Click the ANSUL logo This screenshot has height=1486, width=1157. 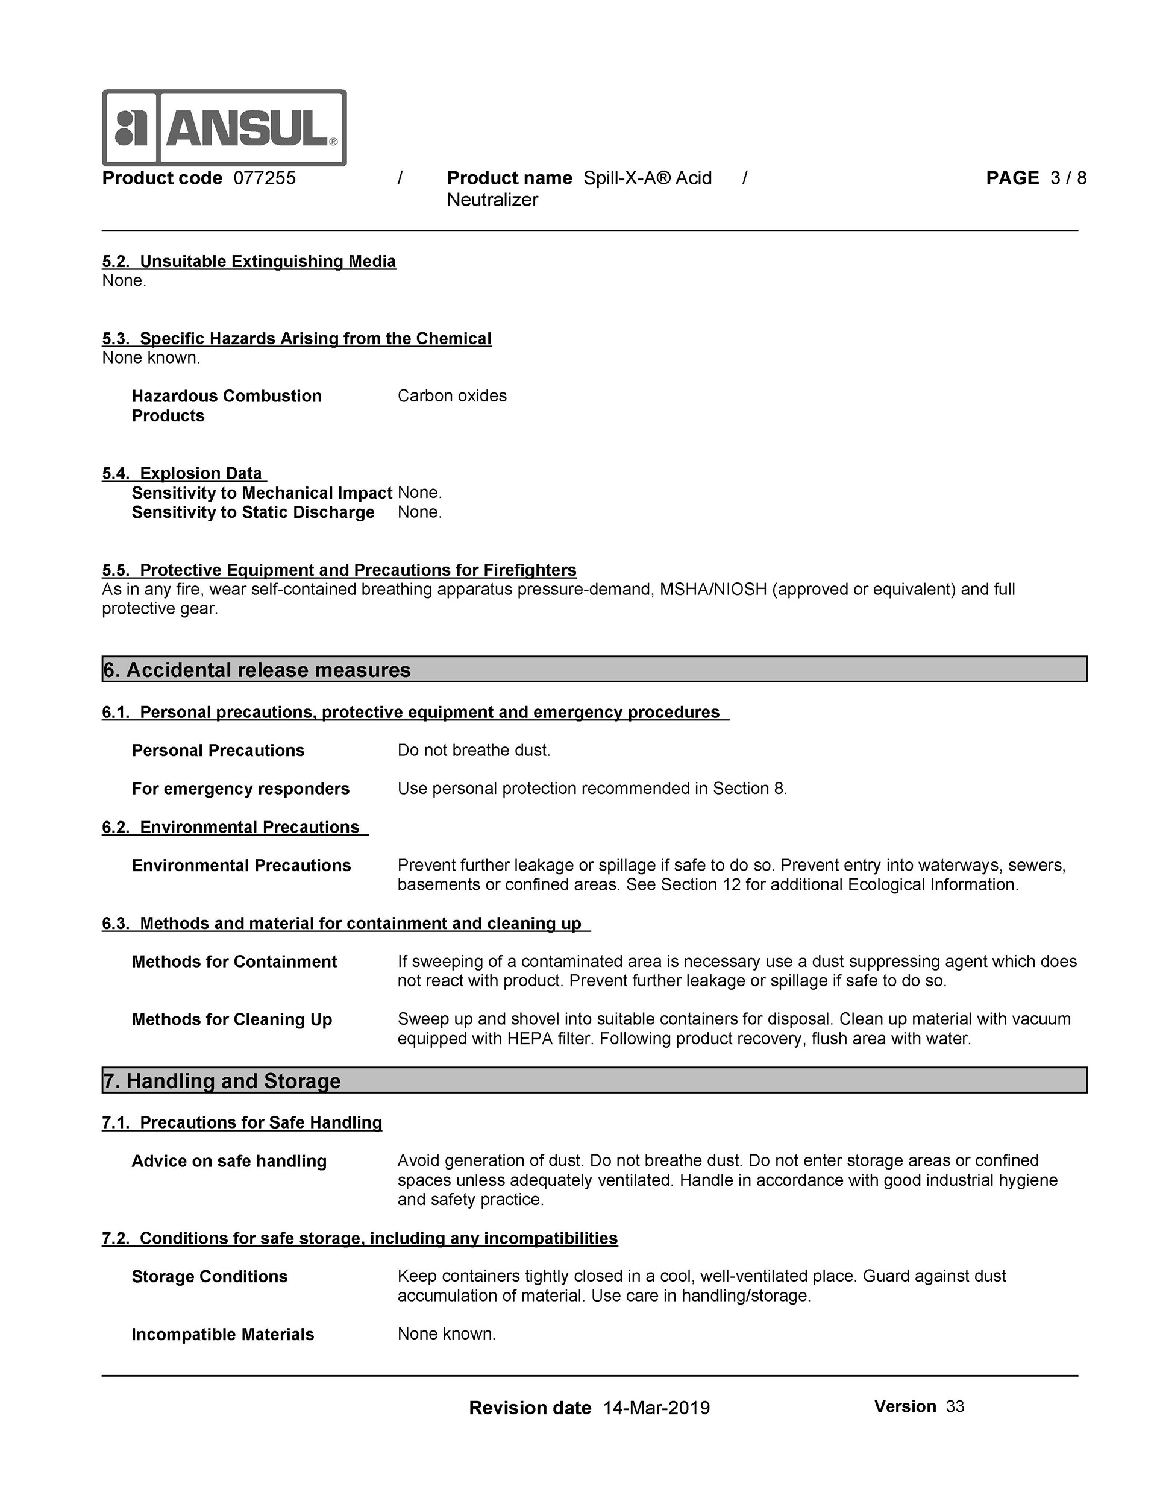click(x=224, y=128)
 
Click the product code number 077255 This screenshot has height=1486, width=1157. click(x=265, y=178)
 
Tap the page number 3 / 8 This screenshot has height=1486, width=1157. click(x=1068, y=178)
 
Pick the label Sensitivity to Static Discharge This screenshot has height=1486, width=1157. click(x=253, y=512)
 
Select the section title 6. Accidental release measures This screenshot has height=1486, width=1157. click(x=257, y=670)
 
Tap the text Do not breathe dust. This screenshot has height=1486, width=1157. click(x=474, y=750)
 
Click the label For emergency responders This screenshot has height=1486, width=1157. click(x=241, y=789)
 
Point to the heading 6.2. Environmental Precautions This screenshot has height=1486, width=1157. click(x=231, y=827)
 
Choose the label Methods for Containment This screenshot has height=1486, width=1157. click(x=234, y=962)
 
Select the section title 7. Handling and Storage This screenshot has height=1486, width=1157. click(x=222, y=1081)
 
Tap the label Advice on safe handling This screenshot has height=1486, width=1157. click(x=229, y=1162)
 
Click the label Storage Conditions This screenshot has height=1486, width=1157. click(x=210, y=1276)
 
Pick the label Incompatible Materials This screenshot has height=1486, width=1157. click(x=223, y=1334)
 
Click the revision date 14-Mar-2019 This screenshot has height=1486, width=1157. click(x=656, y=1408)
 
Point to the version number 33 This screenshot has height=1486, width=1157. click(x=955, y=1407)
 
